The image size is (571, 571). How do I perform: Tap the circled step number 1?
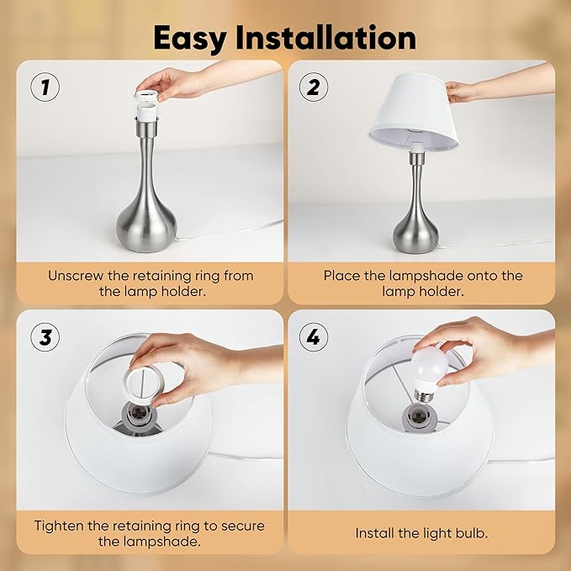tap(44, 87)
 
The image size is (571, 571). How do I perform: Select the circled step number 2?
tap(314, 87)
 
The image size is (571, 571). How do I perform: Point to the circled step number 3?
tap(44, 337)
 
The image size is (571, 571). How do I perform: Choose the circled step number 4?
tap(314, 337)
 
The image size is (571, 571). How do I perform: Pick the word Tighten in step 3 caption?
tap(61, 526)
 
